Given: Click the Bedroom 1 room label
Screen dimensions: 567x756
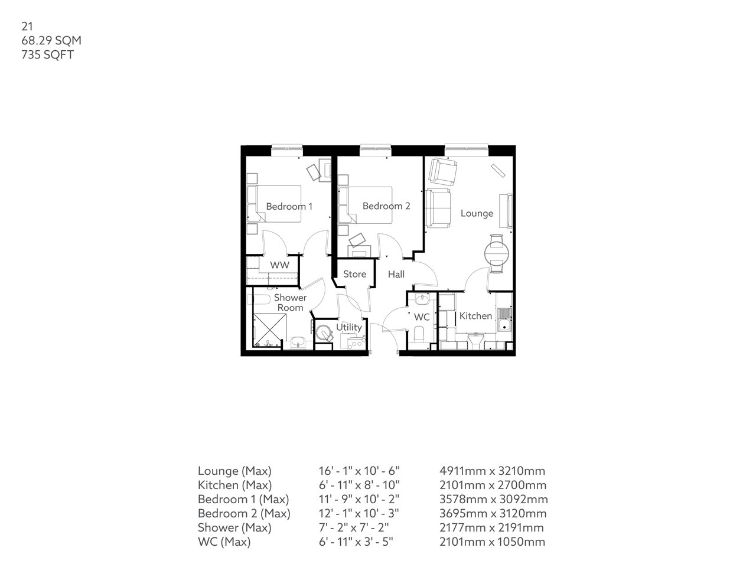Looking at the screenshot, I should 289,206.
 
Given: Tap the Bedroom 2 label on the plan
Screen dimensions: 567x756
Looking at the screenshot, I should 386,206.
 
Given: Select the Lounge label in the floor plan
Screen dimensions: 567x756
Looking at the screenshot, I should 477,213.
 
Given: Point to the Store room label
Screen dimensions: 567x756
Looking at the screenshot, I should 354,274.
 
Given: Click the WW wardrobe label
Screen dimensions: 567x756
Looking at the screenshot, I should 279,265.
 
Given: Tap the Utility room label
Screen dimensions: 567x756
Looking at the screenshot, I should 348,327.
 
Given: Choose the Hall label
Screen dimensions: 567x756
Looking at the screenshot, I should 396,275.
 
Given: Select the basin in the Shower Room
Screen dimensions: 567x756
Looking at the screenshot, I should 298,342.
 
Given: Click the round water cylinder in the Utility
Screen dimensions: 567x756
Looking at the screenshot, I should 324,333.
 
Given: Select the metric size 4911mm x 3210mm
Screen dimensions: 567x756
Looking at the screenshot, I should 492,471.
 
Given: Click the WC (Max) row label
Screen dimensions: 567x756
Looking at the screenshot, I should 224,542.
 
